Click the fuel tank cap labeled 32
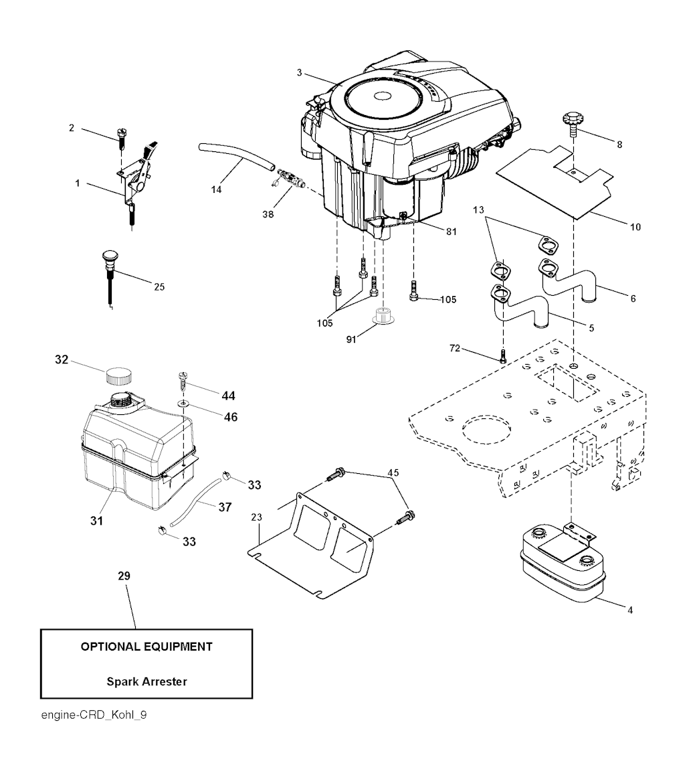(118, 375)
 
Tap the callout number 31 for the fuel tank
(97, 519)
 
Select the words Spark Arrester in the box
(146, 682)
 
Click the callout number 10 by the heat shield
(635, 227)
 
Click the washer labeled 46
(183, 405)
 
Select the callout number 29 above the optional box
(124, 576)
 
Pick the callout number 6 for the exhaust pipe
(633, 299)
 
